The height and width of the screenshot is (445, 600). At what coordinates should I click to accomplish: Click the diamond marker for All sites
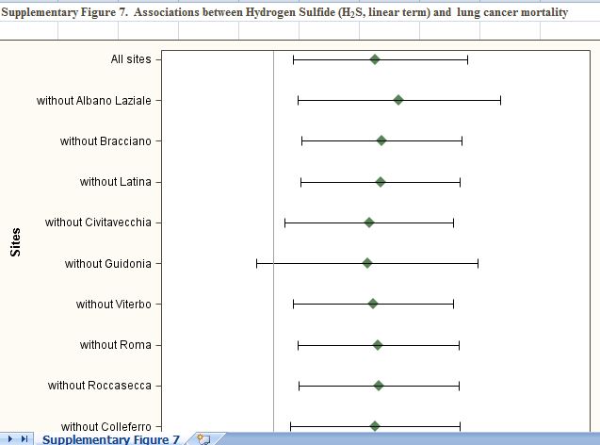375,59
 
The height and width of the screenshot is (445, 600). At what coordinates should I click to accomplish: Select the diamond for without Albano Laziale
398,100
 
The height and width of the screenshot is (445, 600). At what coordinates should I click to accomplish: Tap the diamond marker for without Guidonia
367,263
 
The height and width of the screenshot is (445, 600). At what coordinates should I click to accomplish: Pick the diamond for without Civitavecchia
369,222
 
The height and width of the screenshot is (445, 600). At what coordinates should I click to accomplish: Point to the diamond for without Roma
378,345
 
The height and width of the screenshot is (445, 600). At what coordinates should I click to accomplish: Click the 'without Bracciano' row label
105,141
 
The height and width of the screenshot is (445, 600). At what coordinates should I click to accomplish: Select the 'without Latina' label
115,182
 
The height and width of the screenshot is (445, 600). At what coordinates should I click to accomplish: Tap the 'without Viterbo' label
113,305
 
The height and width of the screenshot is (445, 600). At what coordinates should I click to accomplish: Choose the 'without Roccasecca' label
99,386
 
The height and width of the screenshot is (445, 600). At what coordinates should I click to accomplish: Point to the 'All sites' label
130,59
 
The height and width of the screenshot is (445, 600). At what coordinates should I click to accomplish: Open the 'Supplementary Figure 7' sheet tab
111,439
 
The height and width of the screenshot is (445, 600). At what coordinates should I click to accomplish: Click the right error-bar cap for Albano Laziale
500,100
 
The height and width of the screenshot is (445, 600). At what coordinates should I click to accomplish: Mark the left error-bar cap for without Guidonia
256,263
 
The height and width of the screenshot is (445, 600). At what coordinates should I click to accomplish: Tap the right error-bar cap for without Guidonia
478,263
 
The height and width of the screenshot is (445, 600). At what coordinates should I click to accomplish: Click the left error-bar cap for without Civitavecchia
284,222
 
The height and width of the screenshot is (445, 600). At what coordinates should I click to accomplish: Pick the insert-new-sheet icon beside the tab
203,438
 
